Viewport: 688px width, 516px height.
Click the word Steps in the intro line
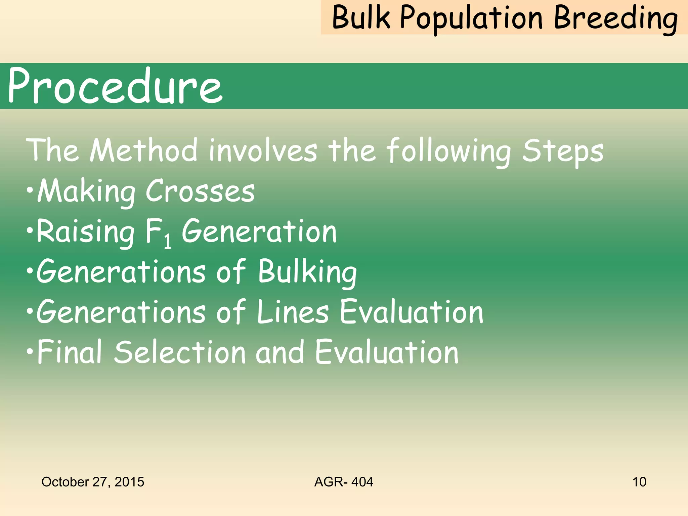pos(563,151)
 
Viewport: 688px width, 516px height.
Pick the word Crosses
pos(200,191)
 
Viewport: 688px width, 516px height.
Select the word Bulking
pos(307,272)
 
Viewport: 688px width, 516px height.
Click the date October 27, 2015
pos(93,482)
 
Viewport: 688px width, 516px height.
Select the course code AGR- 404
pos(344,482)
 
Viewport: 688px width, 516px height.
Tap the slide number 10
pos(639,482)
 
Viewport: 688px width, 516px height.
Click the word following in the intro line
pos(448,151)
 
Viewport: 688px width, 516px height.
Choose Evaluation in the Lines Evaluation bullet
pos(412,312)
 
